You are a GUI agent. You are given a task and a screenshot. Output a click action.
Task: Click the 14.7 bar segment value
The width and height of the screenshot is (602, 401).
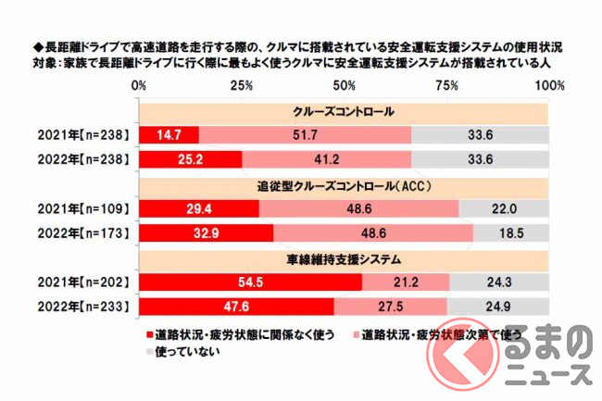pyautogui.click(x=169, y=134)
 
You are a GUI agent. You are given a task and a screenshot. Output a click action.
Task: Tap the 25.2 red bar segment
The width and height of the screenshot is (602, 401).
pyautogui.click(x=191, y=157)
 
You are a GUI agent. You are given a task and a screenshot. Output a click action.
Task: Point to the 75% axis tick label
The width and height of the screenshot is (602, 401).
pyautogui.click(x=447, y=85)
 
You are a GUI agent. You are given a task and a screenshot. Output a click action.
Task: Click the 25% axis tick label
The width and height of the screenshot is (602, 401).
pyautogui.click(x=242, y=85)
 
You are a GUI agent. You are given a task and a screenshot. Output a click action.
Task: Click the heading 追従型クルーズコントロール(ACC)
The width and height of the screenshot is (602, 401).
pyautogui.click(x=344, y=184)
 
